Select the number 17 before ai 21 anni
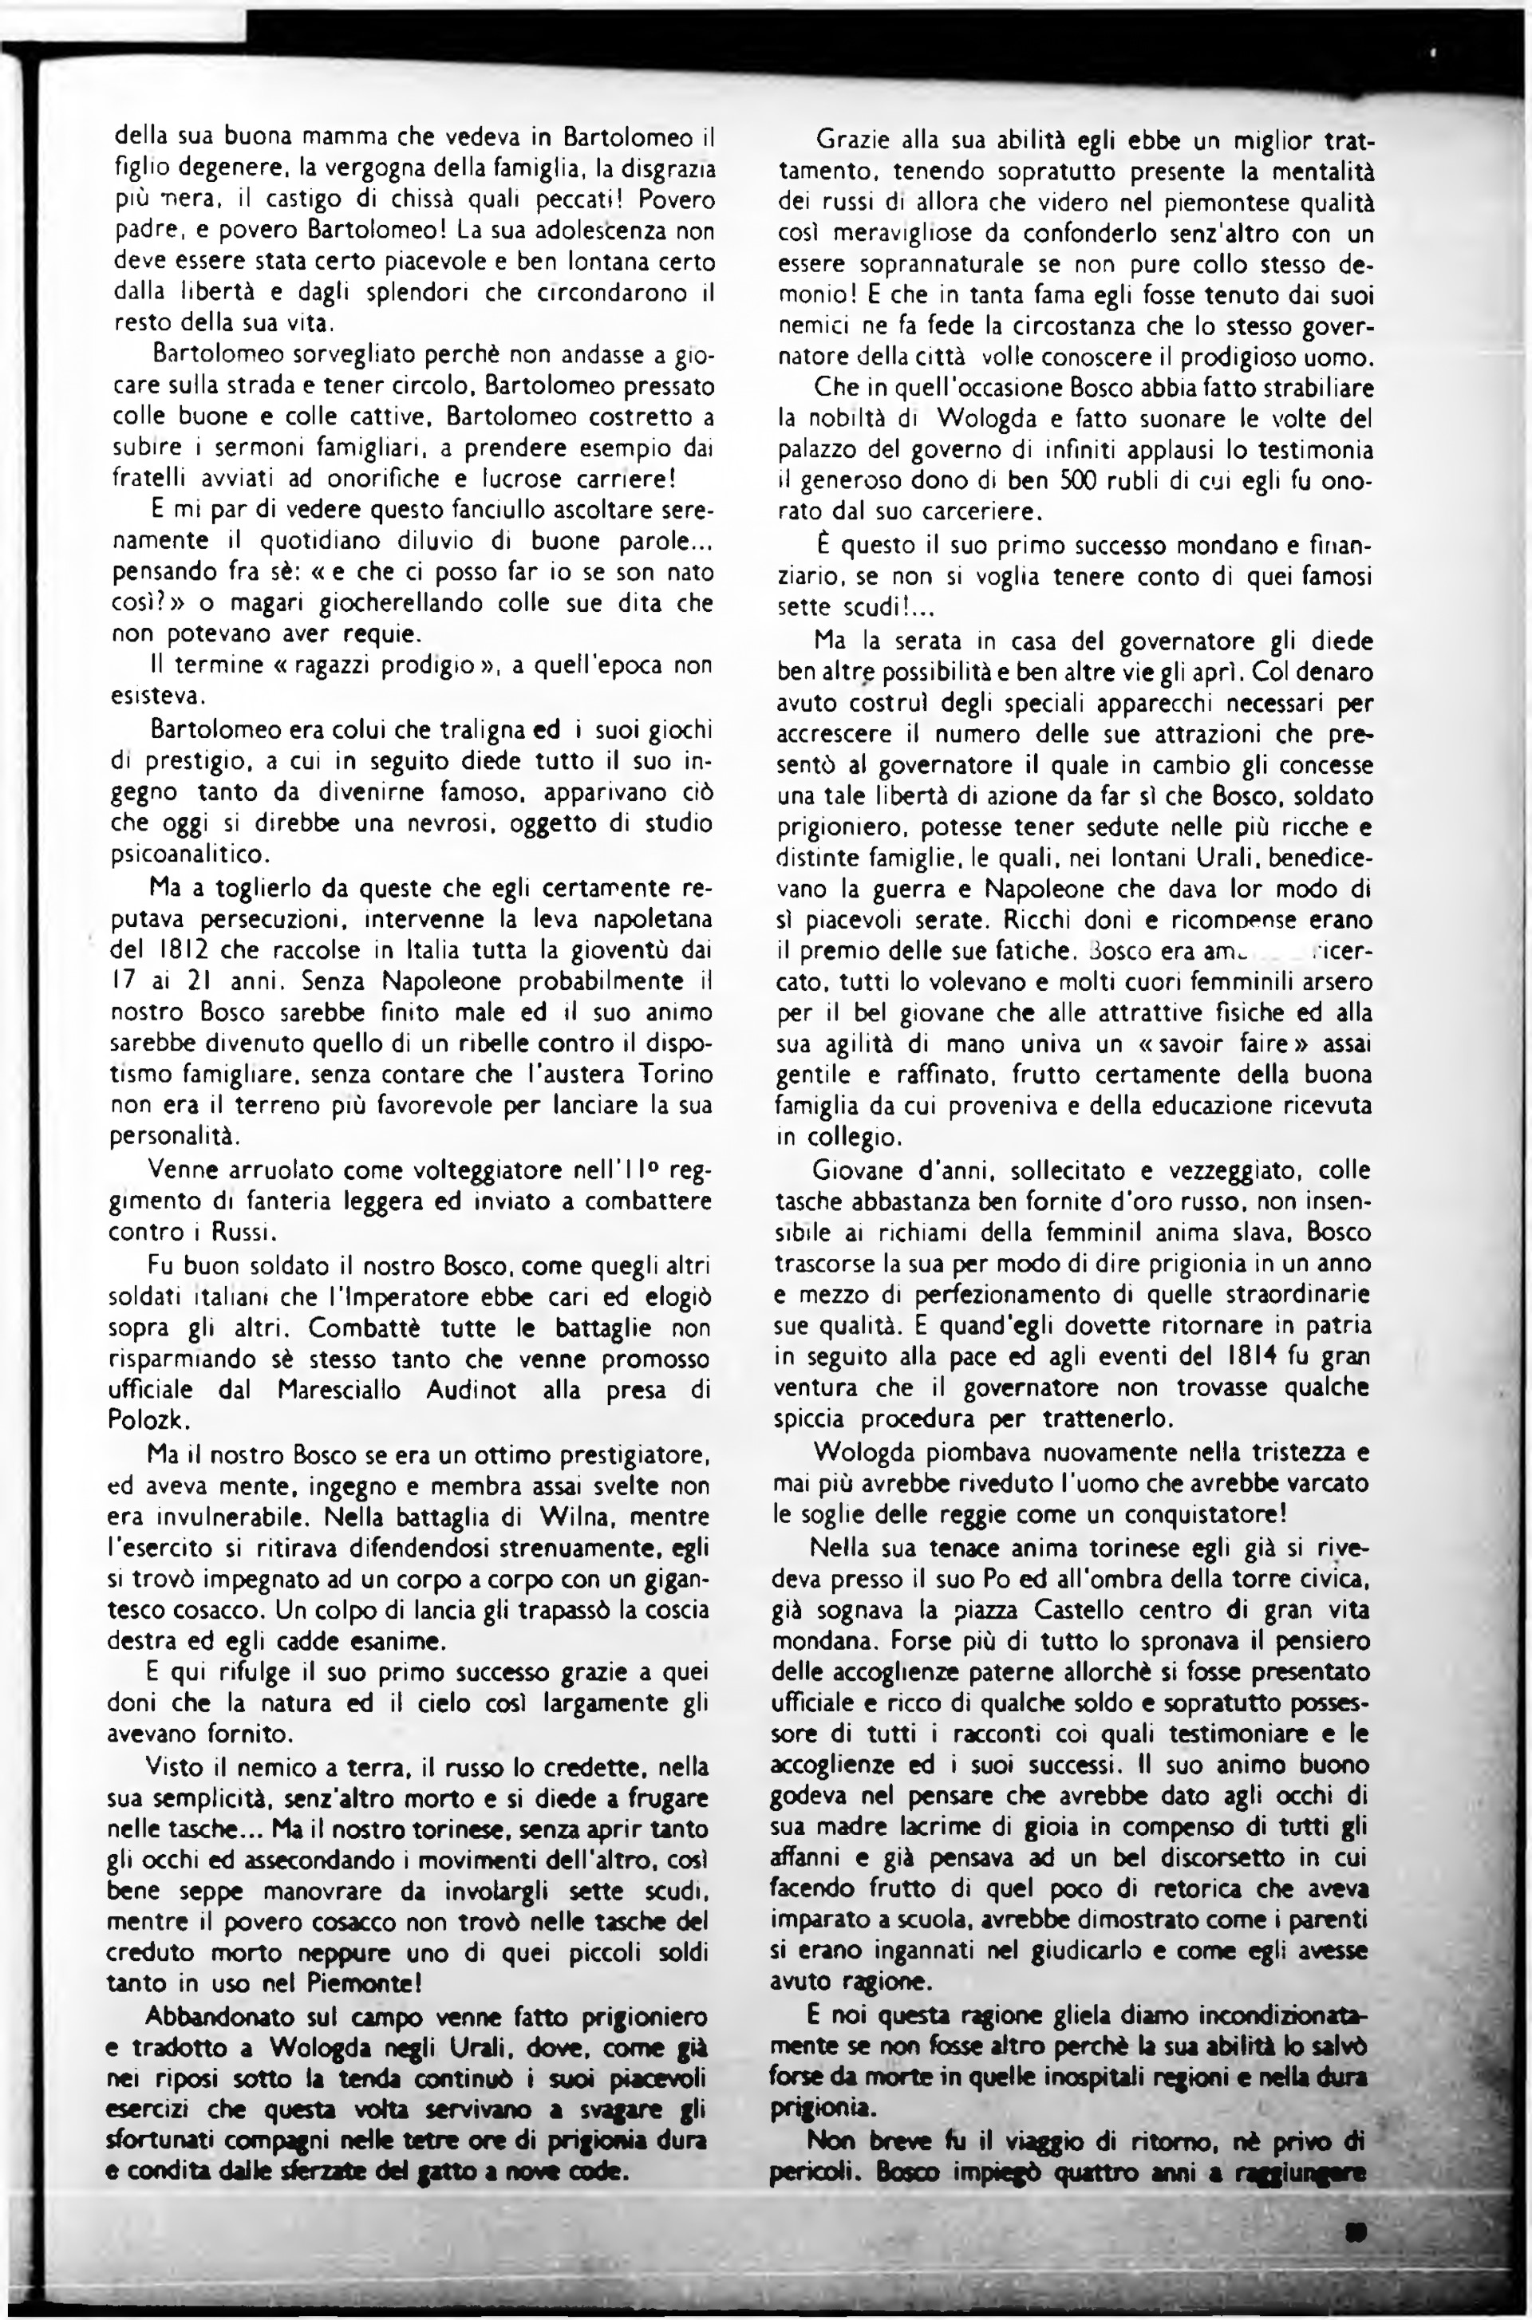(122, 980)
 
